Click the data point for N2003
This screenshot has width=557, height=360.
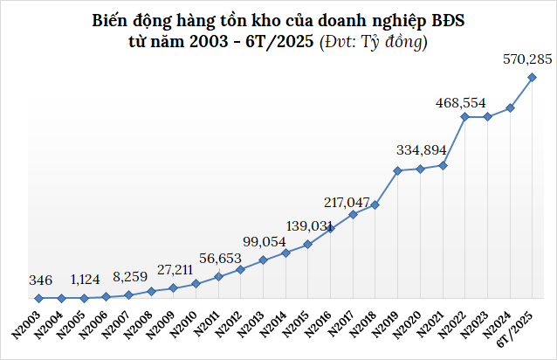click(x=38, y=299)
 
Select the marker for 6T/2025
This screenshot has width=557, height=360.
click(x=533, y=78)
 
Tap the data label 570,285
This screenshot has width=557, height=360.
click(x=527, y=59)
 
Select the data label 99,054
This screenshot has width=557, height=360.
click(x=265, y=241)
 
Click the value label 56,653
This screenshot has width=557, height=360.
click(x=219, y=258)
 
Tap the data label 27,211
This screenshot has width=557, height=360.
click(x=174, y=269)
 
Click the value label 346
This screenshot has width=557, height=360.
click(x=40, y=280)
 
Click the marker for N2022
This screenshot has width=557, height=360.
click(x=465, y=116)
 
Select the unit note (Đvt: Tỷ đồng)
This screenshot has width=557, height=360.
click(x=374, y=40)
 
